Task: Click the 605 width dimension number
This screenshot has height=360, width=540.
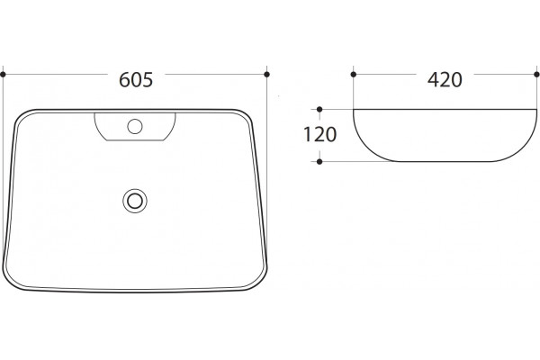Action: coord(136,79)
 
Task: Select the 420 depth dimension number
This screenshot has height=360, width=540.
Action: coord(445,79)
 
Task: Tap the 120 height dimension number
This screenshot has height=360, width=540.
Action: coord(319,134)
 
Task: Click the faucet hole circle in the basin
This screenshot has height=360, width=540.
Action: coord(135,126)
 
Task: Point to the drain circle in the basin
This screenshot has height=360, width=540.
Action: coord(135,201)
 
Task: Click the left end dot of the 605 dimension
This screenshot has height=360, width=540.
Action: coord(3,74)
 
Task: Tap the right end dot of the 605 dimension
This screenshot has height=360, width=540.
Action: coord(266,74)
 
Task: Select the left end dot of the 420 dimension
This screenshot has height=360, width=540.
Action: coord(354,74)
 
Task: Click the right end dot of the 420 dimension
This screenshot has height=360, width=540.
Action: coord(536,74)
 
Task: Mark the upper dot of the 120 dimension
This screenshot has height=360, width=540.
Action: coord(319,109)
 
